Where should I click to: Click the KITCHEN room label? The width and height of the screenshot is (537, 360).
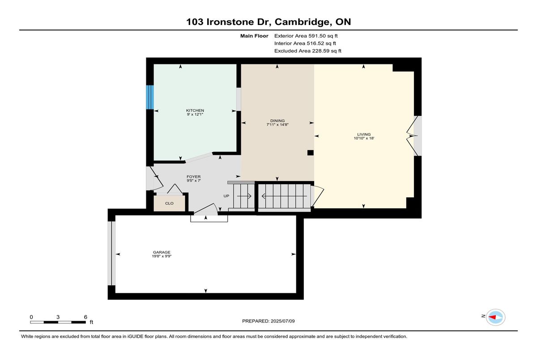click(x=195, y=110)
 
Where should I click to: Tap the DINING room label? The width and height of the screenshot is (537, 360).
click(x=277, y=121)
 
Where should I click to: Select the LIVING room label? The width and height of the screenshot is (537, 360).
click(x=364, y=134)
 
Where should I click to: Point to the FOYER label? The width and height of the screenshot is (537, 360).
click(x=193, y=177)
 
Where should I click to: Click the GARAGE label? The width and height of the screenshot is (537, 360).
click(x=162, y=252)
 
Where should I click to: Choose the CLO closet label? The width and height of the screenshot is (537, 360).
click(x=169, y=203)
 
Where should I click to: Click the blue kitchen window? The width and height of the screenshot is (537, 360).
click(x=150, y=97)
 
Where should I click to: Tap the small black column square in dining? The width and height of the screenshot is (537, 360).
click(x=311, y=152)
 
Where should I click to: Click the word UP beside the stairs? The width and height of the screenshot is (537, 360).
click(x=226, y=196)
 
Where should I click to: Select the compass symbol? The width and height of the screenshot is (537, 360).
click(x=495, y=318)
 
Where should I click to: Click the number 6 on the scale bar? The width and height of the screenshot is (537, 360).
click(x=85, y=317)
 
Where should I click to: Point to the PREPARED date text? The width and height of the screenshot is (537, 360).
click(x=268, y=321)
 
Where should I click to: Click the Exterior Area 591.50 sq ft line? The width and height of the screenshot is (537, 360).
click(x=306, y=36)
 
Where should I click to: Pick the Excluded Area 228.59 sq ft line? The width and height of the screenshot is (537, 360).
click(x=308, y=51)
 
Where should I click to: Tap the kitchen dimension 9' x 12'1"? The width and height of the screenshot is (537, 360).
click(x=195, y=114)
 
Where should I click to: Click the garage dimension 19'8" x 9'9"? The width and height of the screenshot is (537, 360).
click(x=162, y=256)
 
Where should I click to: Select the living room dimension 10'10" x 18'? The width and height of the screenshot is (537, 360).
click(x=364, y=138)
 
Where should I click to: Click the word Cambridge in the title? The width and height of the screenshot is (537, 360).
click(x=303, y=22)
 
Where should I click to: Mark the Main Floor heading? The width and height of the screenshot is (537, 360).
click(x=254, y=36)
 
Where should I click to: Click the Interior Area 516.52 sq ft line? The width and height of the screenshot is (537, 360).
click(x=305, y=43)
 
